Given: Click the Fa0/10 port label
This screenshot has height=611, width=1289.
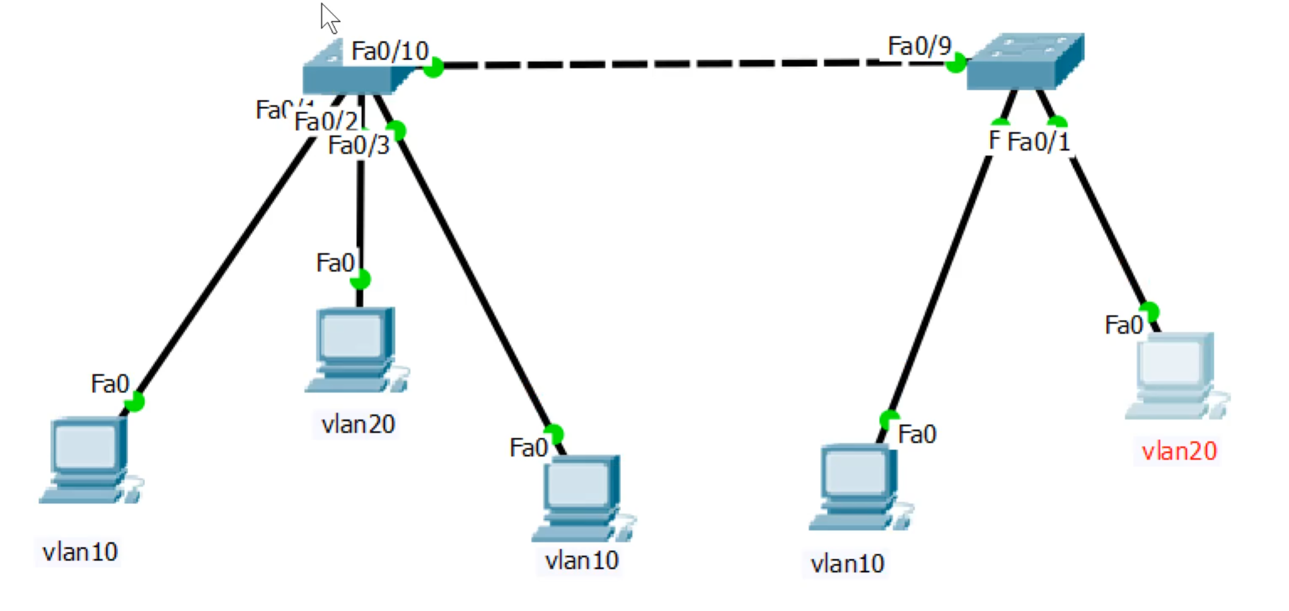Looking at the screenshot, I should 390,51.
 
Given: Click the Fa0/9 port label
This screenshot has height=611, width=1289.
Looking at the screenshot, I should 919,46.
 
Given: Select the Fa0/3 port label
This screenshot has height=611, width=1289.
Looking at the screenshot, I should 359,146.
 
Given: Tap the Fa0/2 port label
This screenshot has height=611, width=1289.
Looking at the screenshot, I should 326,121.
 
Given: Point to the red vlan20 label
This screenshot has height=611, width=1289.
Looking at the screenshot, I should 1179,451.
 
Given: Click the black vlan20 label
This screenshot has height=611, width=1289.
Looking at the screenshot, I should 358,425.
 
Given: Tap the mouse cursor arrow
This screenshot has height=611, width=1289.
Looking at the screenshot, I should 329,18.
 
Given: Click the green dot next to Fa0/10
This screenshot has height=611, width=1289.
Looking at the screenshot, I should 433,67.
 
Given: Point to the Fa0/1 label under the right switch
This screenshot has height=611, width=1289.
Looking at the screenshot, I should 1038,142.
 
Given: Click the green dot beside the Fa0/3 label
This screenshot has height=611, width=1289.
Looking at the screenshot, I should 396,130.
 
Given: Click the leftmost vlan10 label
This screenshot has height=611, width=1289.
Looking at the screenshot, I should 79,552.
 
